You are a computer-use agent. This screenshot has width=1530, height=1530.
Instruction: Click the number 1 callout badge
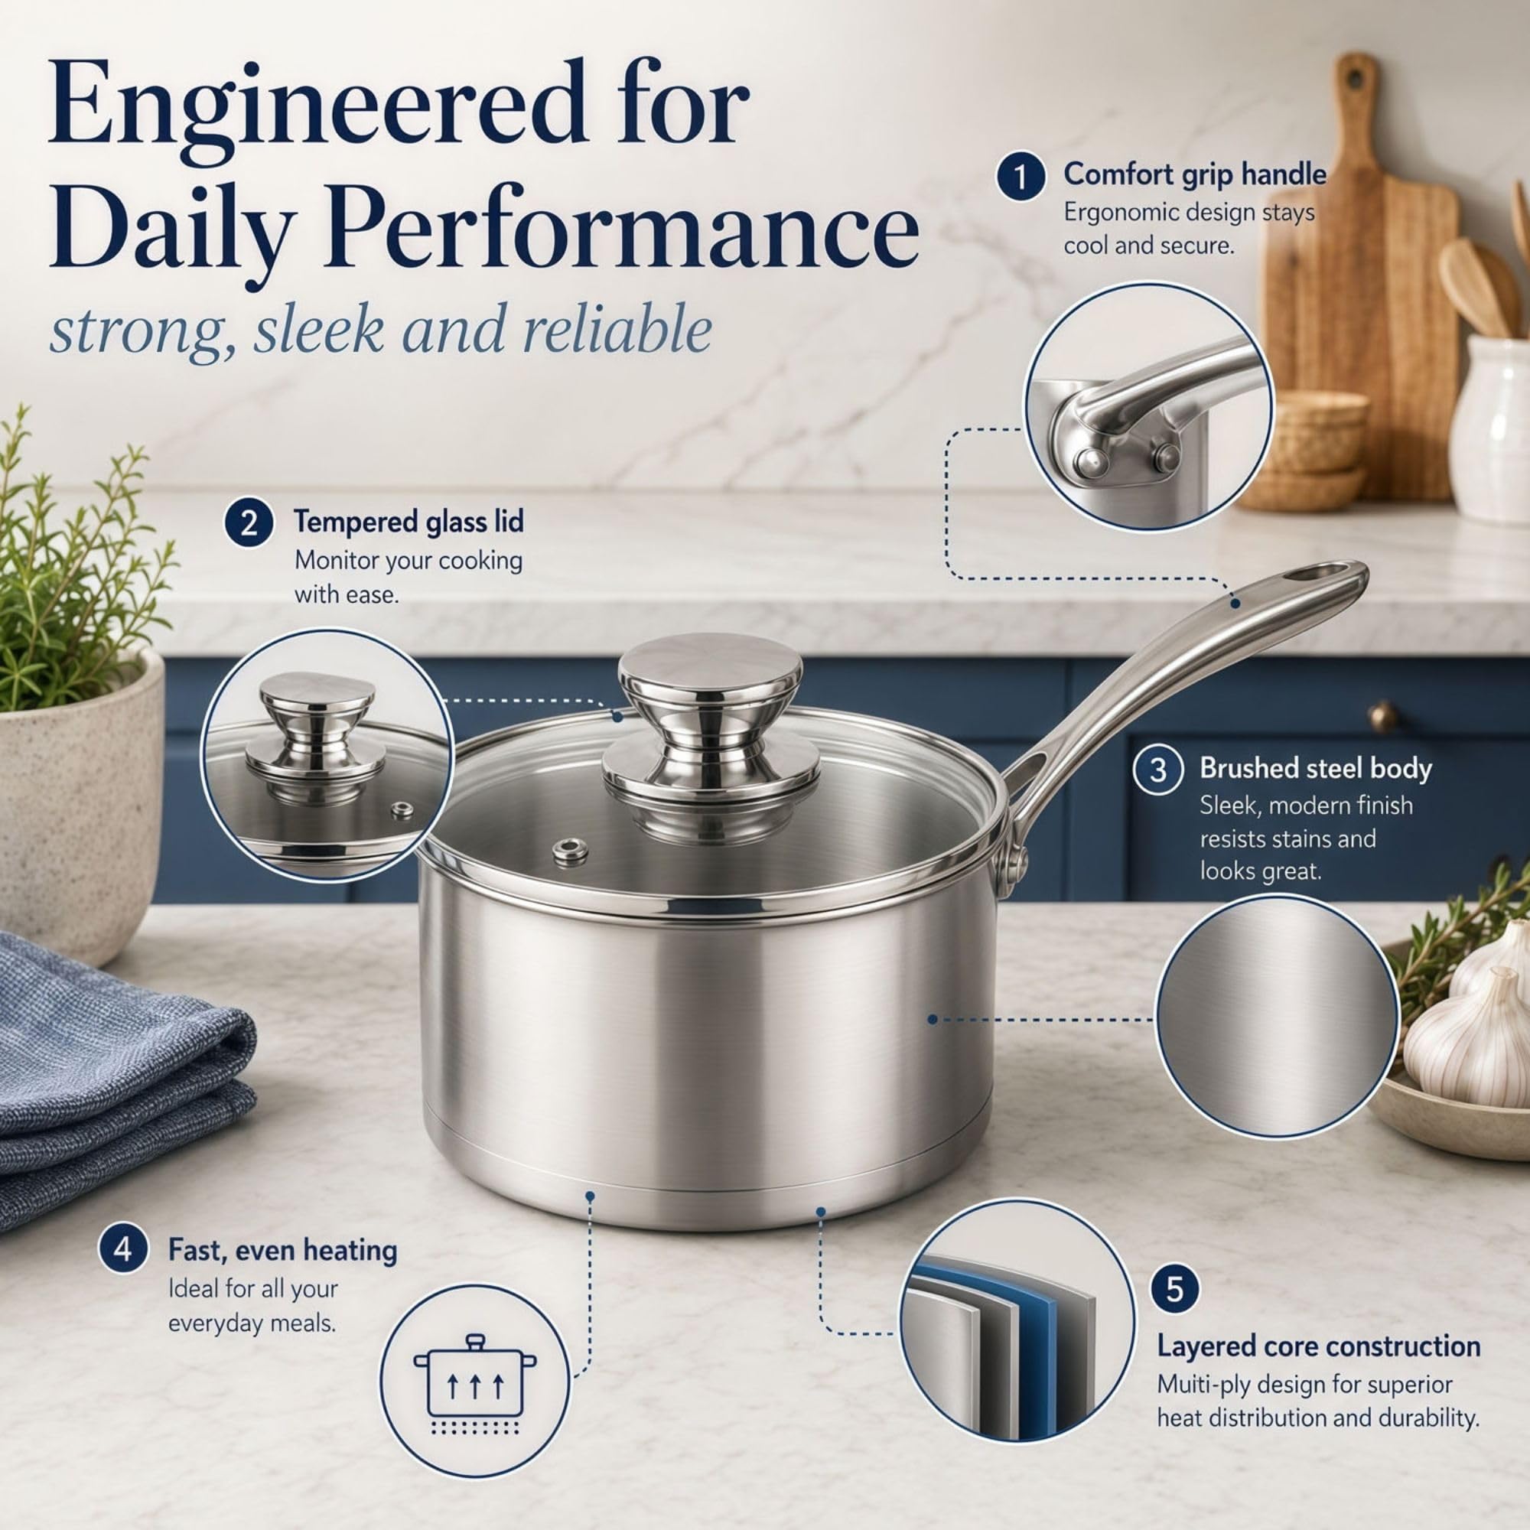[1021, 176]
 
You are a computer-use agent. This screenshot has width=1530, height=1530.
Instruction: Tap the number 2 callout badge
[249, 523]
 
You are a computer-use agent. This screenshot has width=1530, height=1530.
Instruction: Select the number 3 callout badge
[1157, 770]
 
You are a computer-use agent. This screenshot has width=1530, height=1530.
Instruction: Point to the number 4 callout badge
[123, 1249]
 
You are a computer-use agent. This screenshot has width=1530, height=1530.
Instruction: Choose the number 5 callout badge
[1174, 1288]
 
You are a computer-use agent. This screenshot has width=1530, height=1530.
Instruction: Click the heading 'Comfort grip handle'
[1194, 174]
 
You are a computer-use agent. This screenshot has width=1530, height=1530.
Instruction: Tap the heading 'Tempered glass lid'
[409, 522]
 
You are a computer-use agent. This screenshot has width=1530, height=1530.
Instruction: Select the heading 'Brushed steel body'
[1315, 768]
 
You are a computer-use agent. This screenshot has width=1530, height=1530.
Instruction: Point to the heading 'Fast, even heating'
[283, 1250]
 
